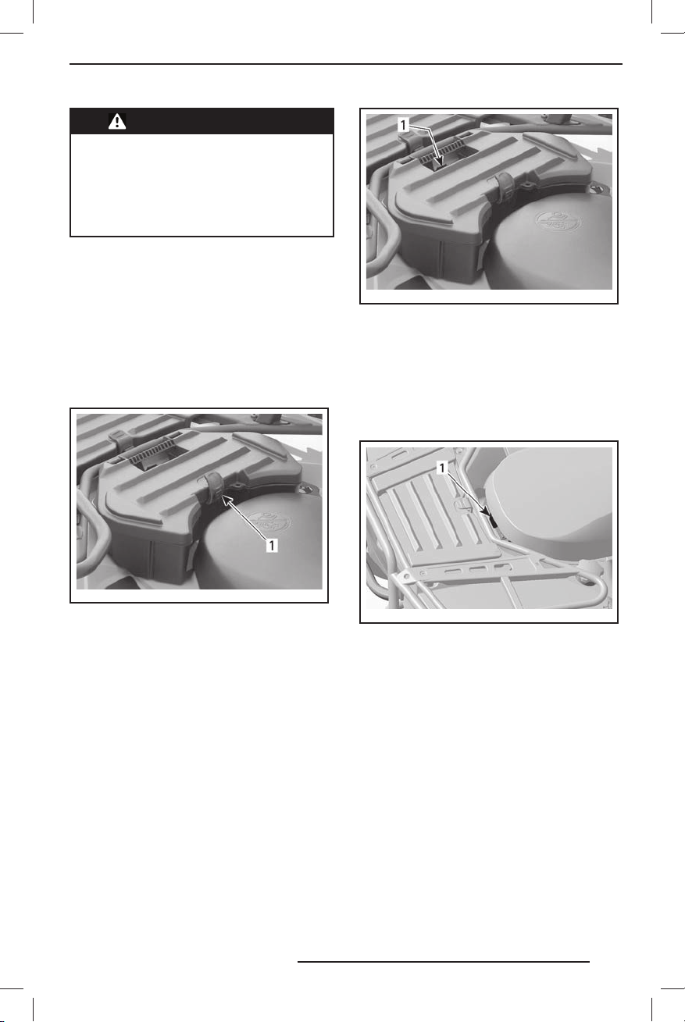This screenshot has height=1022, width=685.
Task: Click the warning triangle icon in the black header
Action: [117, 121]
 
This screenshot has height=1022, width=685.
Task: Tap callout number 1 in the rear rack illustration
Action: [442, 468]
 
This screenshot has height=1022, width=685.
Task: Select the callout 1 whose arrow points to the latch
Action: [272, 545]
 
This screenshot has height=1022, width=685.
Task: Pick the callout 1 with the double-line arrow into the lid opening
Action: [403, 125]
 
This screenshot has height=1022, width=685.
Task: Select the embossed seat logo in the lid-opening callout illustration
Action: [558, 223]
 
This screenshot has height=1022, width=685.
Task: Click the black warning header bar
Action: [202, 121]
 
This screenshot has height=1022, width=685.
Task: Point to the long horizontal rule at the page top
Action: [346, 64]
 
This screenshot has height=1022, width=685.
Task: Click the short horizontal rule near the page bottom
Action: [444, 961]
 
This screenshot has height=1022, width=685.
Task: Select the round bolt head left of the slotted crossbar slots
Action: [423, 572]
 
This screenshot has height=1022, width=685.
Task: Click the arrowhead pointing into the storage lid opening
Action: [438, 162]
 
